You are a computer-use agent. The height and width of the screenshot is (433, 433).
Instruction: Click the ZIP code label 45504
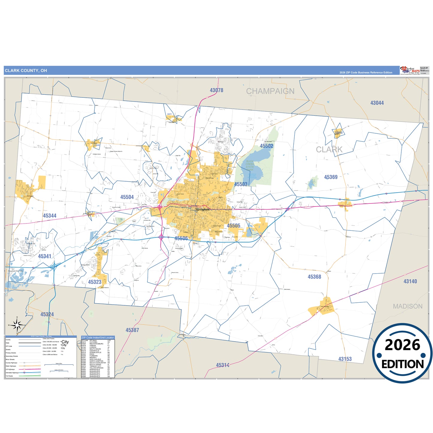(x=127, y=197)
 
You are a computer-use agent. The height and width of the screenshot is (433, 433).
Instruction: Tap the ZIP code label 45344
(x=49, y=216)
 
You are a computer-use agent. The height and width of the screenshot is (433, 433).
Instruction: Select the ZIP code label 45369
(x=331, y=177)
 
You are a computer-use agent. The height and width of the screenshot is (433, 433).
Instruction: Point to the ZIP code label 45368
(x=314, y=277)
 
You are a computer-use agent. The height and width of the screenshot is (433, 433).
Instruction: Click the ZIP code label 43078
(x=216, y=90)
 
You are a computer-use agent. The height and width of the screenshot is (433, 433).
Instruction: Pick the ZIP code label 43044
(x=377, y=103)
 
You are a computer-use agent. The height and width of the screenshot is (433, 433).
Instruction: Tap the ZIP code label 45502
(x=266, y=146)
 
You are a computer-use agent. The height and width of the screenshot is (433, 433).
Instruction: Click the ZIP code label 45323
(x=95, y=282)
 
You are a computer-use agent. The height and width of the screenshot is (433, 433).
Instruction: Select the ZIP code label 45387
(x=132, y=330)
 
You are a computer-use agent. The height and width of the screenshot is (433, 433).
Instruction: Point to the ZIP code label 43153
(x=345, y=359)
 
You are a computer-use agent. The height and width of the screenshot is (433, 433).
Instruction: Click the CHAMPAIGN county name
(x=270, y=91)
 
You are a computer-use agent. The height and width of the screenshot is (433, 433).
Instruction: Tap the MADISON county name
(x=408, y=306)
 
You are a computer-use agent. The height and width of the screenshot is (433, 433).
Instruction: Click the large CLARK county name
(x=329, y=150)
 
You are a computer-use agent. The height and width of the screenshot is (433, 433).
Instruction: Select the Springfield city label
(x=203, y=210)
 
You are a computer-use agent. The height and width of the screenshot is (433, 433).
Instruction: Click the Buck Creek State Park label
(x=250, y=165)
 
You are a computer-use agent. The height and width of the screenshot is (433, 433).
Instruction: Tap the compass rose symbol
(x=17, y=325)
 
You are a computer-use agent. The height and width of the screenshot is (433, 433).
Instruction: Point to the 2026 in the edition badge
(x=402, y=345)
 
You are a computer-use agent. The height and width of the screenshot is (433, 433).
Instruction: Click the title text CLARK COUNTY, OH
(x=26, y=71)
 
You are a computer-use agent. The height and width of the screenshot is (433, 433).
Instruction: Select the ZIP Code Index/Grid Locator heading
(x=98, y=337)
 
